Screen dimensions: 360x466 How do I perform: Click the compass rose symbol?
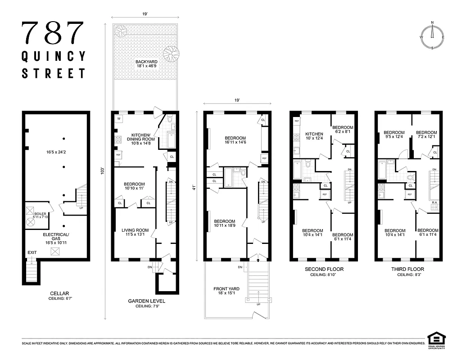tap(432, 36)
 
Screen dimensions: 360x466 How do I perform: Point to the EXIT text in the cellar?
tap(32, 252)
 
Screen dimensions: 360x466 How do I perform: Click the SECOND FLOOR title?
tap(321, 269)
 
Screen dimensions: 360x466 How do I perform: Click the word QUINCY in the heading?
tap(54, 56)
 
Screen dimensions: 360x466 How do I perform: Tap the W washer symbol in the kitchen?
tap(119, 119)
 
